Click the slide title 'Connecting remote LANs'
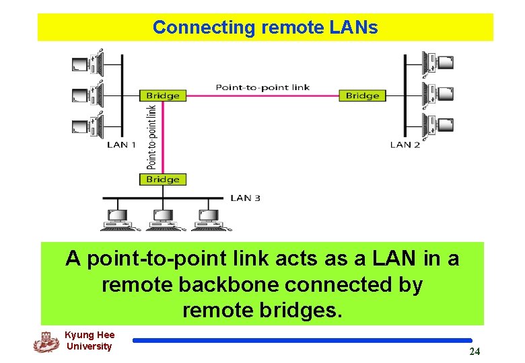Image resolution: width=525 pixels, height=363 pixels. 265,28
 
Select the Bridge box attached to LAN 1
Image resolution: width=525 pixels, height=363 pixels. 163,95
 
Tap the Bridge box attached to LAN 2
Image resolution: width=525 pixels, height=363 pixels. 362,95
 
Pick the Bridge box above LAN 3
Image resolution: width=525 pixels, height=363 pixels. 163,179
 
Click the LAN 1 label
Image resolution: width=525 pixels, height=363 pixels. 122,145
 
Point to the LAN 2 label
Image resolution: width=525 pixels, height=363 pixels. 405,145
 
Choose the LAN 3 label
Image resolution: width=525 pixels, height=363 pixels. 246,198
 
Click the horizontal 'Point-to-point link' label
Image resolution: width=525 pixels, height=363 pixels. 262,87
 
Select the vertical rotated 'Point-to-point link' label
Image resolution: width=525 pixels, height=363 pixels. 152,136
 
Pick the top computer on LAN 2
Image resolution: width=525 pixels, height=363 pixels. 438,63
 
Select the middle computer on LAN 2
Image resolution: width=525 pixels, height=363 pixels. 438,93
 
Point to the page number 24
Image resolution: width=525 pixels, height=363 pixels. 475,352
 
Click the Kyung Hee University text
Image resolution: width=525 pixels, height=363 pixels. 90,341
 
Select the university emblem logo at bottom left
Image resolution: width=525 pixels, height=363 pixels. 46,342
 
